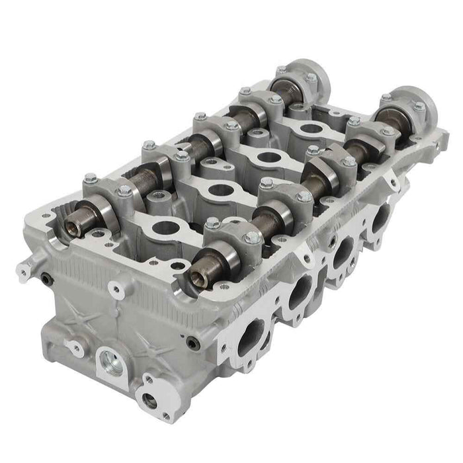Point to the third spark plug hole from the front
[x=267, y=158]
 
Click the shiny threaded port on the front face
[x=112, y=362]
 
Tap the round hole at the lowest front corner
[x=149, y=401]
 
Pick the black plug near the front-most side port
[x=192, y=343]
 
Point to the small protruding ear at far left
[x=24, y=271]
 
